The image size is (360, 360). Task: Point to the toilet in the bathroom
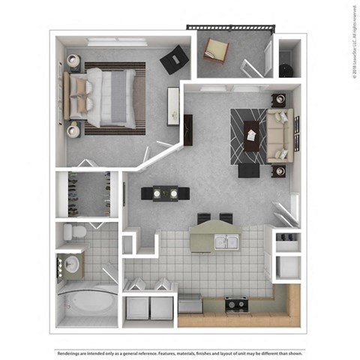tap(71, 232)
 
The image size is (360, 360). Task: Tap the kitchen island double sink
tap(223, 241)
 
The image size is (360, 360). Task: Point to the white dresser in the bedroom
tap(173, 105)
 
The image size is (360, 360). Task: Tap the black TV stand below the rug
tap(248, 170)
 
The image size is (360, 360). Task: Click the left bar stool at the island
tap(204, 219)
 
